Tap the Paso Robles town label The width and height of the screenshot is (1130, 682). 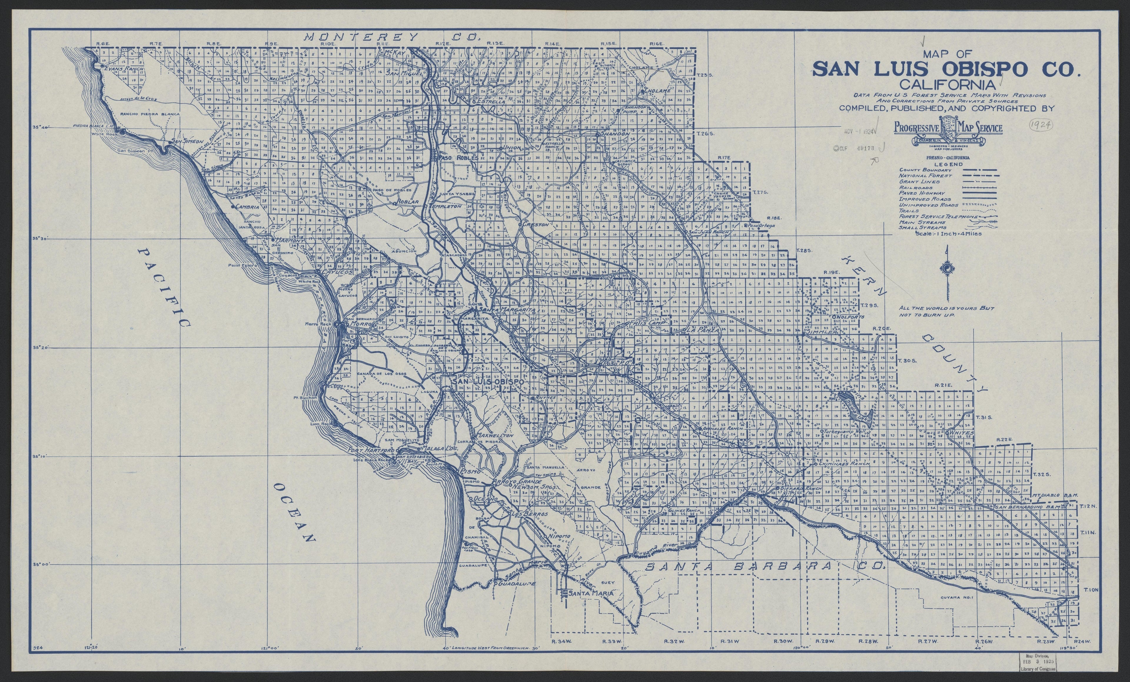[458, 158]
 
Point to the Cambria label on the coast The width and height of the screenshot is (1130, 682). [248, 207]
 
